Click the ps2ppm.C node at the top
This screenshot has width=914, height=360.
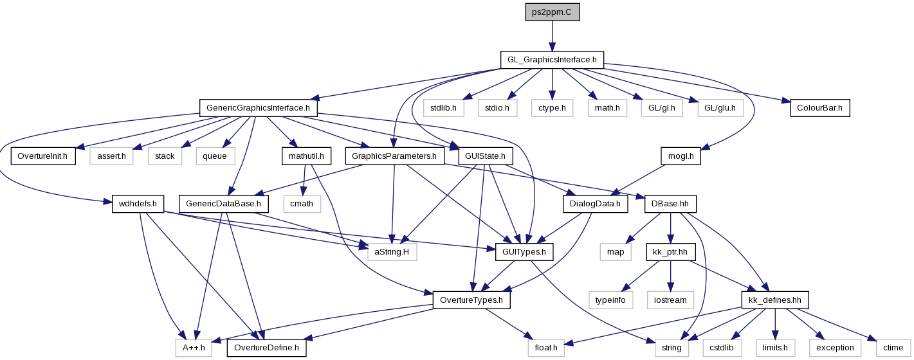click(552, 12)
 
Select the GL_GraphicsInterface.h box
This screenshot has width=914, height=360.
click(552, 60)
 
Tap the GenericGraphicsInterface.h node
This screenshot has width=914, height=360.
click(259, 108)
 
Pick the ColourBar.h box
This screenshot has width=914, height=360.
click(819, 108)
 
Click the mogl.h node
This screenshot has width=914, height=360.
click(681, 156)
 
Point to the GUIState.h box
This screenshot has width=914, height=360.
click(486, 156)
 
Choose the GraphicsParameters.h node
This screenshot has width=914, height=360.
click(394, 156)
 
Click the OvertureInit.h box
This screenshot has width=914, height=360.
click(43, 156)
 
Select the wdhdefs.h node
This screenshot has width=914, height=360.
click(138, 204)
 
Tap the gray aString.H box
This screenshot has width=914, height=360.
click(392, 252)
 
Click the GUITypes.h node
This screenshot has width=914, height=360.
click(524, 252)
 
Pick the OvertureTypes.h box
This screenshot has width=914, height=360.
click(471, 300)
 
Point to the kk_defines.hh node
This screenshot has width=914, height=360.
click(775, 300)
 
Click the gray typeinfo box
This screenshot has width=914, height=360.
click(611, 300)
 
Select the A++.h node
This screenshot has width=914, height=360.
click(194, 348)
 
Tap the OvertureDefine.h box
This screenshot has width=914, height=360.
click(266, 348)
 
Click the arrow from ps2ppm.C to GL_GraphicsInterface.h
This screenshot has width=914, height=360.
click(552, 36)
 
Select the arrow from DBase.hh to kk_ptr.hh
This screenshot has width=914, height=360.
click(670, 228)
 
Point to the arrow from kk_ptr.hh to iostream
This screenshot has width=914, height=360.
click(670, 276)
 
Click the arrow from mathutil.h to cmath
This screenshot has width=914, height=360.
click(304, 180)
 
